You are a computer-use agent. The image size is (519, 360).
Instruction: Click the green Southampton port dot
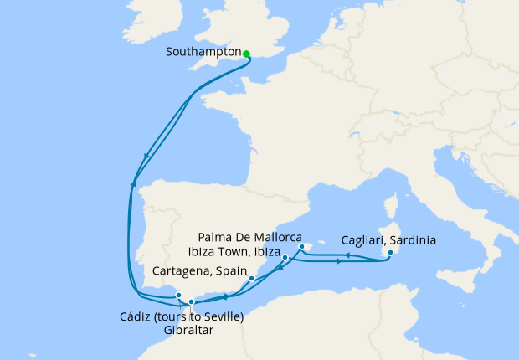click(246, 54)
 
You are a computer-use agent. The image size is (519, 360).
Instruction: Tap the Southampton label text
click(203, 51)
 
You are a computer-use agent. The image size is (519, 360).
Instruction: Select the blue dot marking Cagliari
click(390, 254)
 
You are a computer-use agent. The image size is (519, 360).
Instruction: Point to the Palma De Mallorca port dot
click(301, 247)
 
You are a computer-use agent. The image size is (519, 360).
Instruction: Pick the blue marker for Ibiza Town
click(285, 257)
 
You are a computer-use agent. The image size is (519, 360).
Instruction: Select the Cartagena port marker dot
click(252, 277)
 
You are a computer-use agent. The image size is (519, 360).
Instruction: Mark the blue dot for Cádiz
click(178, 296)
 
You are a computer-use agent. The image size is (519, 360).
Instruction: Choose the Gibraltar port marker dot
click(191, 301)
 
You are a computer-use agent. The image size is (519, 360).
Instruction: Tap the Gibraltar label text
click(189, 330)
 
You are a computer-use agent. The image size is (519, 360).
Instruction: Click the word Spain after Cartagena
click(231, 271)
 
